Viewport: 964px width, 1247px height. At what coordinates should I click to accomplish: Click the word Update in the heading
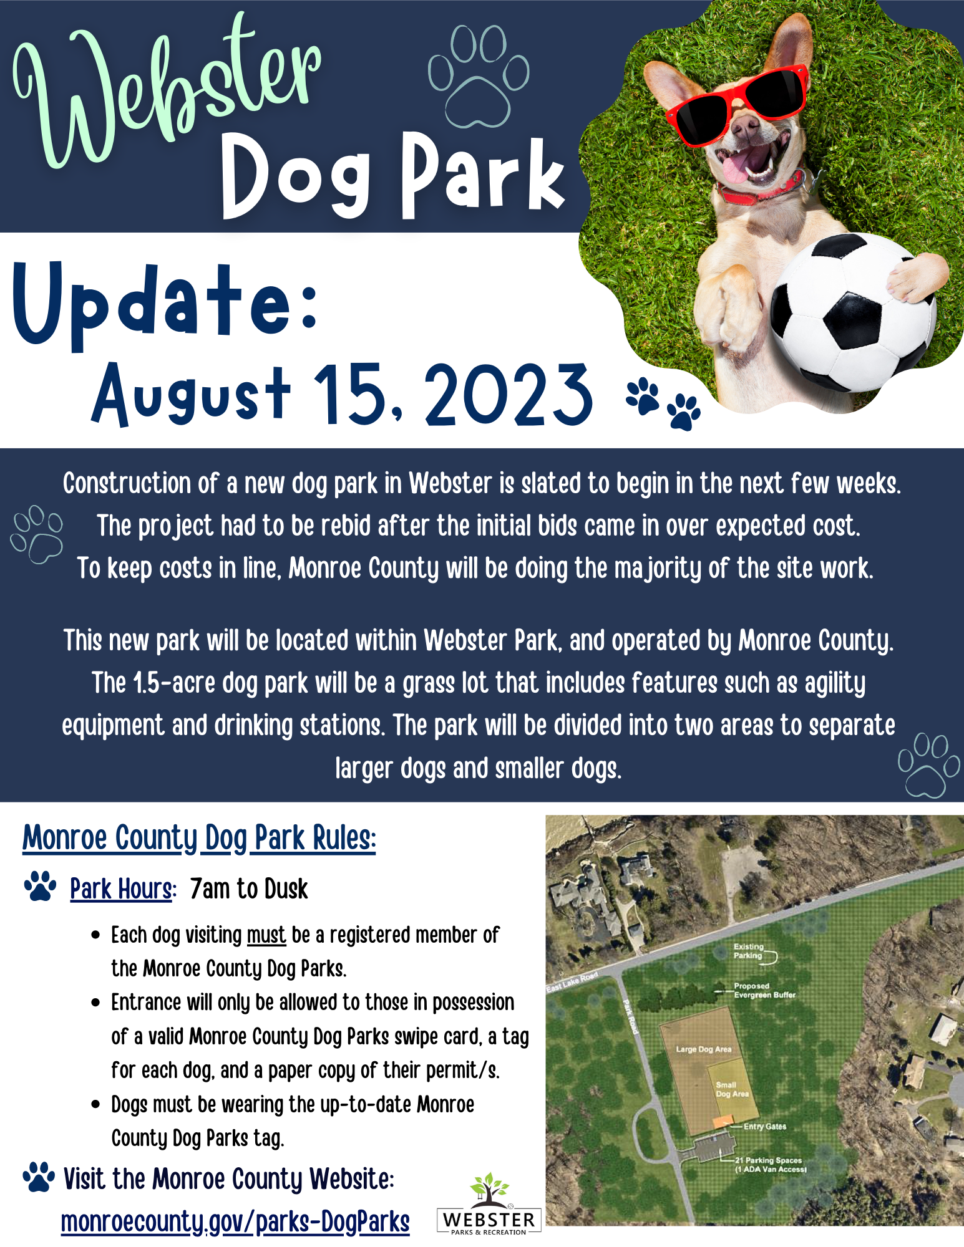tap(166, 305)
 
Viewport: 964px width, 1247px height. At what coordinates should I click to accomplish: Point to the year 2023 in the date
tap(509, 394)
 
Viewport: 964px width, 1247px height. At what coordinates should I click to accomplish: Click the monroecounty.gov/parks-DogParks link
tap(235, 1221)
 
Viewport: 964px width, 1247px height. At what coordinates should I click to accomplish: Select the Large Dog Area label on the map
tap(703, 1049)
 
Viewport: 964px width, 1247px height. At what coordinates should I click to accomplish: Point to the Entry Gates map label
tap(764, 1127)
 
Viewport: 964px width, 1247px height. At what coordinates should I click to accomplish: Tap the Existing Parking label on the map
tap(748, 951)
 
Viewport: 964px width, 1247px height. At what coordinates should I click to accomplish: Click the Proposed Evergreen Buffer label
tap(764, 990)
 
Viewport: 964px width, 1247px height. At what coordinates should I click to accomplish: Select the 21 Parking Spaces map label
tap(771, 1165)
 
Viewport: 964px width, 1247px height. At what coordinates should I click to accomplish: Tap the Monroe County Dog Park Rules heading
tap(199, 838)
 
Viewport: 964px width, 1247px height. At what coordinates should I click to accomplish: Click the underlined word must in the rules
tap(266, 935)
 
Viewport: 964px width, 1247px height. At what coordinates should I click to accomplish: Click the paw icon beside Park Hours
tap(40, 886)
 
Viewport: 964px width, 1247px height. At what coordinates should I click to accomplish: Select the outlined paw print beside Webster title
tap(479, 76)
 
